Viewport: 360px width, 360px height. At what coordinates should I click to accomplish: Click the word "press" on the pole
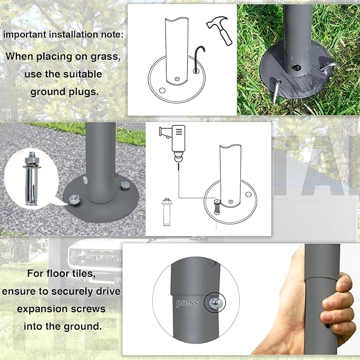point(187,303)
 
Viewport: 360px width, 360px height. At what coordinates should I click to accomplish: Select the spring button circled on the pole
point(215,303)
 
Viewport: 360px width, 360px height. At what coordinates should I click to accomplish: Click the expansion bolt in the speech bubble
point(31,178)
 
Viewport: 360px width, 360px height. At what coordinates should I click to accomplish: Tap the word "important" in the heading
point(25,34)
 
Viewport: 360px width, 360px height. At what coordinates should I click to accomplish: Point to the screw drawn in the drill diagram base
point(217,207)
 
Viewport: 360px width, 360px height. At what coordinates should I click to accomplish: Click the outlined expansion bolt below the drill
point(167,212)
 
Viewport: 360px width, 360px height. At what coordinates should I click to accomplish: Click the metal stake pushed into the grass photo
point(277,91)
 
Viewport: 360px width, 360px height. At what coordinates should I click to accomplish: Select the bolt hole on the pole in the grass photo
point(296,67)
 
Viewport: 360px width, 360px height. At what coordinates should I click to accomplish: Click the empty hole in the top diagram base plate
point(162,90)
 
